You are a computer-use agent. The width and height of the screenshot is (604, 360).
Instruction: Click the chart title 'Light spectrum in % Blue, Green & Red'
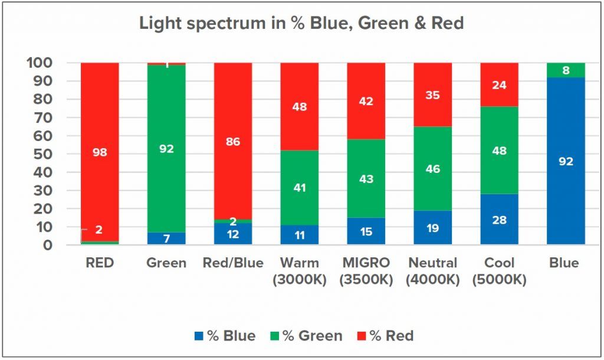[301, 24]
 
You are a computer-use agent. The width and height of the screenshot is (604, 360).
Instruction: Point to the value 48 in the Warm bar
[300, 107]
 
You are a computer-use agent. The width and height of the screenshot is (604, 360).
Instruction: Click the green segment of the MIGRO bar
[366, 178]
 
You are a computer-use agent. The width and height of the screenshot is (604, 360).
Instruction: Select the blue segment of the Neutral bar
[432, 228]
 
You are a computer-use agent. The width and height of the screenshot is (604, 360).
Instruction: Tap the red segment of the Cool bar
[499, 84]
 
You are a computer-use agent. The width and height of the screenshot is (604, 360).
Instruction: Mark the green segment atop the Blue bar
[566, 70]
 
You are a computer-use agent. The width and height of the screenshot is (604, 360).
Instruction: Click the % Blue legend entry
[225, 336]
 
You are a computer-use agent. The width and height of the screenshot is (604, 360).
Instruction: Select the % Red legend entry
[386, 336]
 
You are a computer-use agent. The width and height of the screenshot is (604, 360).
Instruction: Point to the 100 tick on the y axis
[41, 63]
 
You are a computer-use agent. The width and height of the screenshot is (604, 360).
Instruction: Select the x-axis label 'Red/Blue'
[233, 263]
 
